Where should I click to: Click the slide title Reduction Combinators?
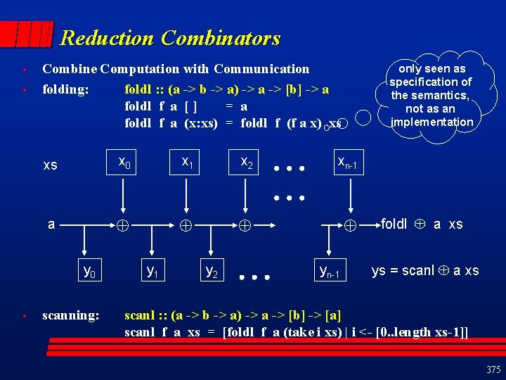170,38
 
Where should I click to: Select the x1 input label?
188,163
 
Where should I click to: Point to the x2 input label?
247,163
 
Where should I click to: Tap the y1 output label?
151,270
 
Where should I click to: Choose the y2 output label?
211,270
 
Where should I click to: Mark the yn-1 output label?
329,271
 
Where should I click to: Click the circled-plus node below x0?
123,227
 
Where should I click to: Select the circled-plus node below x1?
184,227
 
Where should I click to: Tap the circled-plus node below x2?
243,227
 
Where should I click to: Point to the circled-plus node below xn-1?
351,227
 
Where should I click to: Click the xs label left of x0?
51,165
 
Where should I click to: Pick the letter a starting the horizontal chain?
51,224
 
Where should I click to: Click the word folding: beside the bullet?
65,89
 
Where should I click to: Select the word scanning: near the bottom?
70,315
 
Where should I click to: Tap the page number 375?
493,369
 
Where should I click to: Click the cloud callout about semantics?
432,95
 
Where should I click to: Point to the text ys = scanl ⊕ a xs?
425,271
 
